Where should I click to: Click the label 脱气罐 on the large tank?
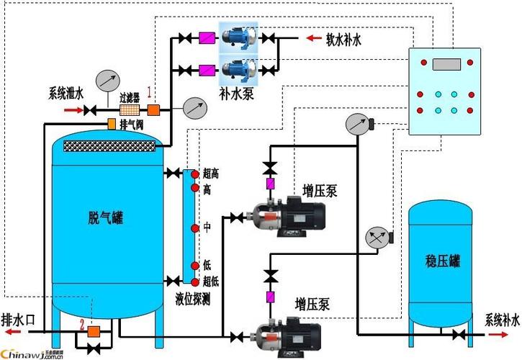coord(104,217)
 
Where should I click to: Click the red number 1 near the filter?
coord(150,91)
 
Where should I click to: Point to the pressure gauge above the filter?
coord(107,79)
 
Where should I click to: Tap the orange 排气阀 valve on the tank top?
coord(111,124)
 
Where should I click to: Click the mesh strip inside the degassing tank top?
coord(109,146)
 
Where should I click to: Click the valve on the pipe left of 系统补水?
coord(459,335)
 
